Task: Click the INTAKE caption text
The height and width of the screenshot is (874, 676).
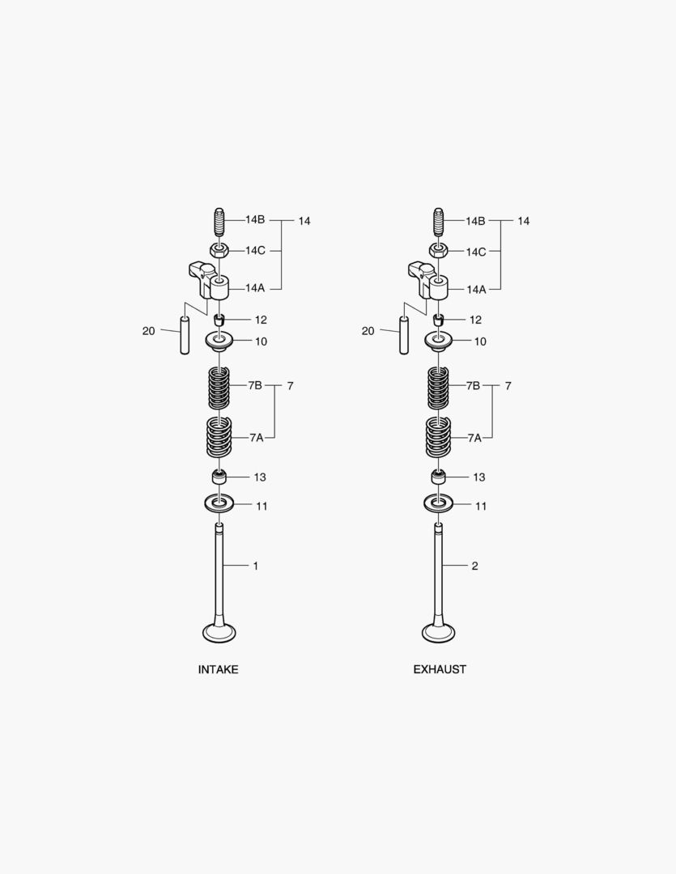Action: [x=218, y=669]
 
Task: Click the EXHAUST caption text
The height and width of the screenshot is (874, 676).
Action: [x=440, y=669]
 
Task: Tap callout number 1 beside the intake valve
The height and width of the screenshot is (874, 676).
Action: [x=256, y=566]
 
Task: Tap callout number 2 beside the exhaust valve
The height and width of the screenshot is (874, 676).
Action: [x=474, y=566]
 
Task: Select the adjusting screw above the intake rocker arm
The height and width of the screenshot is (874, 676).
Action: [x=218, y=221]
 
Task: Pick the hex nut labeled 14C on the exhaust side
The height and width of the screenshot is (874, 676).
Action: [x=438, y=251]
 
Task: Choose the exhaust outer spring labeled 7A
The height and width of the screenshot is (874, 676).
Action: [x=438, y=438]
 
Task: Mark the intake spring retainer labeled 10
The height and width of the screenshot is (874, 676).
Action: [x=219, y=342]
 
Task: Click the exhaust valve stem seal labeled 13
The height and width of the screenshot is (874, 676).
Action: [x=438, y=477]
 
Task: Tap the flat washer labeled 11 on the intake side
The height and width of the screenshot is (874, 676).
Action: [x=219, y=504]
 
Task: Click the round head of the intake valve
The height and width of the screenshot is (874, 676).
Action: [x=219, y=632]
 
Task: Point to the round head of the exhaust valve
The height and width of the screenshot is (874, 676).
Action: [x=438, y=632]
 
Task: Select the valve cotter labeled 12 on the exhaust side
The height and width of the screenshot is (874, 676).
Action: [x=438, y=320]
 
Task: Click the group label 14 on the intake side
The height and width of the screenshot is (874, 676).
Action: [x=304, y=221]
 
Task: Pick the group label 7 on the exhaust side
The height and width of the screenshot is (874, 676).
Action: [x=508, y=386]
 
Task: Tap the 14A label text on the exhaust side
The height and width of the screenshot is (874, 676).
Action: [x=476, y=289]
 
